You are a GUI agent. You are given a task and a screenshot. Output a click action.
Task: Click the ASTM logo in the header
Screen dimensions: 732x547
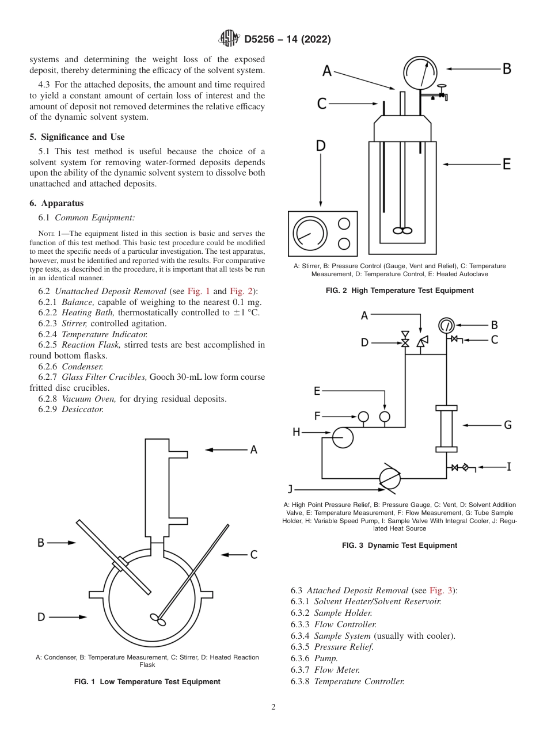(229, 39)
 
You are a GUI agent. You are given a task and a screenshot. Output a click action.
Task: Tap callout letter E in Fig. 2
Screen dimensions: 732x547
(507, 164)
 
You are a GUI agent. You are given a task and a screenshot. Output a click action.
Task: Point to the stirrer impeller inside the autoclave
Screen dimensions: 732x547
(402, 230)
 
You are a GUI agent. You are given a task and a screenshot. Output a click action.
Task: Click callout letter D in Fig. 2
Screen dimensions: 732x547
(321, 146)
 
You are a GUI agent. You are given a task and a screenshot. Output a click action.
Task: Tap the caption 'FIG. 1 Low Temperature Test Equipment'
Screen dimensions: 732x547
(147, 681)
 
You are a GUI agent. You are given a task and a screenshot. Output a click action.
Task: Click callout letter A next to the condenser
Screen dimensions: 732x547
(253, 450)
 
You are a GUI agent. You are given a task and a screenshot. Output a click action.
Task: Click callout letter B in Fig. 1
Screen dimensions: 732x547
(41, 542)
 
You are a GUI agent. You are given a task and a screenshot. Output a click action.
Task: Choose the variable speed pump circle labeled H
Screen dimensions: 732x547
(343, 438)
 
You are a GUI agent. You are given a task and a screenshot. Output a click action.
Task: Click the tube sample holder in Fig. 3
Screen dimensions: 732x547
(446, 428)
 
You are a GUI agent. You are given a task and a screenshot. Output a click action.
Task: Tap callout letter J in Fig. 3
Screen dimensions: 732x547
(290, 489)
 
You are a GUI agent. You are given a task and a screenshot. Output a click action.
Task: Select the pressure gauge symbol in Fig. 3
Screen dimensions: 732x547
(446, 325)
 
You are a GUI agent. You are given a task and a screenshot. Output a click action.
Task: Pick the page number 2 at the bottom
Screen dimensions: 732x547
(273, 707)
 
